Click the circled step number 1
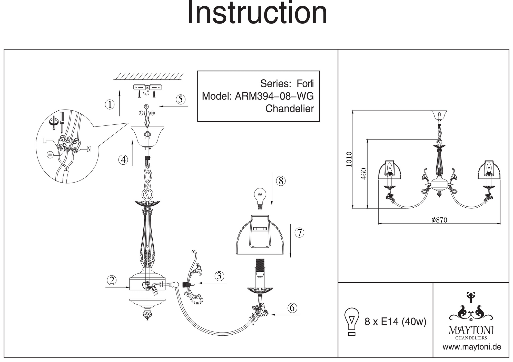point(110,104)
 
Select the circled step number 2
point(112,280)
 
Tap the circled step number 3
point(219,276)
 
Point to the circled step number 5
point(181,99)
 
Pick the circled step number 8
point(281,181)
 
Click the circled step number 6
point(292,307)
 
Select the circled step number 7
point(299,232)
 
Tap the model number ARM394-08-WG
point(274,96)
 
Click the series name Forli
point(305,84)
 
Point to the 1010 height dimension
point(349,159)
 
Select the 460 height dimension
point(364,174)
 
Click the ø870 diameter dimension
point(439,220)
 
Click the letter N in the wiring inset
point(89,149)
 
